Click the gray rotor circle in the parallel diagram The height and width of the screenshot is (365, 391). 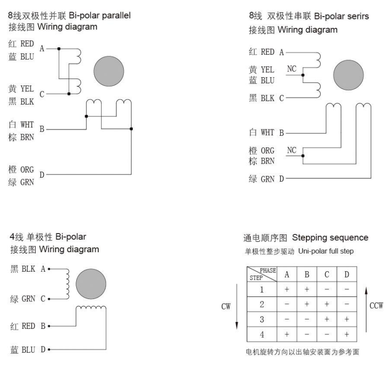pyautogui.click(x=109, y=71)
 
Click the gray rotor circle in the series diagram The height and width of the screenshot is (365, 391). pyautogui.click(x=348, y=75)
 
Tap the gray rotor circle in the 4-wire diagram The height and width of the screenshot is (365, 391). pyautogui.click(x=91, y=284)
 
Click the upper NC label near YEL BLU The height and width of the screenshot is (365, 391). pyautogui.click(x=291, y=69)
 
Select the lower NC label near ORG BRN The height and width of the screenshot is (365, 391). pyautogui.click(x=291, y=150)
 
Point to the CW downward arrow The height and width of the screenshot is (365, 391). pyautogui.click(x=237, y=307)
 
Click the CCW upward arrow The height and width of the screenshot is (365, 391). pyautogui.click(x=366, y=309)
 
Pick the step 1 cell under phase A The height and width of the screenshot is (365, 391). pyautogui.click(x=287, y=289)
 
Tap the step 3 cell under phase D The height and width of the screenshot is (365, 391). pyautogui.click(x=347, y=319)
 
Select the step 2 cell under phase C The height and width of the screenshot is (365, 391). pyautogui.click(x=326, y=304)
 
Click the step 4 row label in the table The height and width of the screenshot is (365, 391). pyautogui.click(x=262, y=334)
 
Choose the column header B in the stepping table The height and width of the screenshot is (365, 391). pyautogui.click(x=307, y=274)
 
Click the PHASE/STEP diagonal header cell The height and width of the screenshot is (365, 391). pyautogui.click(x=262, y=274)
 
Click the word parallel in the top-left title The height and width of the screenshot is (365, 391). pyautogui.click(x=116, y=16)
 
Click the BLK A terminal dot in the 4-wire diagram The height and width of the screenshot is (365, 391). pyautogui.click(x=49, y=269)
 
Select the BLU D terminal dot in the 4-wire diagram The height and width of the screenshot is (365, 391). pyautogui.click(x=49, y=349)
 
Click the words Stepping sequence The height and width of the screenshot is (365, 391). pyautogui.click(x=330, y=237)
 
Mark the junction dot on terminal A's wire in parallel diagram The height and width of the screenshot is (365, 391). pyautogui.click(x=59, y=48)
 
